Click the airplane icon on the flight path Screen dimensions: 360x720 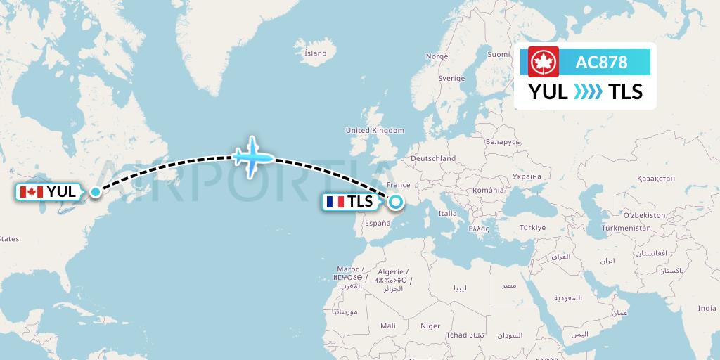point(252,155)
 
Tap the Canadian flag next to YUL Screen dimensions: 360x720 point(32,192)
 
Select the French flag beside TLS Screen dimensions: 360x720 point(335,202)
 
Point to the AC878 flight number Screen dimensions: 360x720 point(601,62)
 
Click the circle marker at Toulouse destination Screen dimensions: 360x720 point(396,202)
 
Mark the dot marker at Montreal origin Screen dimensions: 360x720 point(95,191)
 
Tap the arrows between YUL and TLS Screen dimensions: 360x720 point(589,92)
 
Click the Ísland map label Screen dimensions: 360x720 point(315,53)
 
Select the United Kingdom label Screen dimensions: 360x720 point(375,130)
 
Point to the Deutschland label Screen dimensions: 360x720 point(433,159)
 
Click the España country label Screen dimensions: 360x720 point(377,223)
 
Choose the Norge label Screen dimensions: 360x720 point(437,56)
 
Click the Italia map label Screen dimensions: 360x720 point(447,213)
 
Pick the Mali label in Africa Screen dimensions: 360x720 point(387,326)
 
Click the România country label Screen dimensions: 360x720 point(489,190)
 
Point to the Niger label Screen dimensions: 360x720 point(430,326)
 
